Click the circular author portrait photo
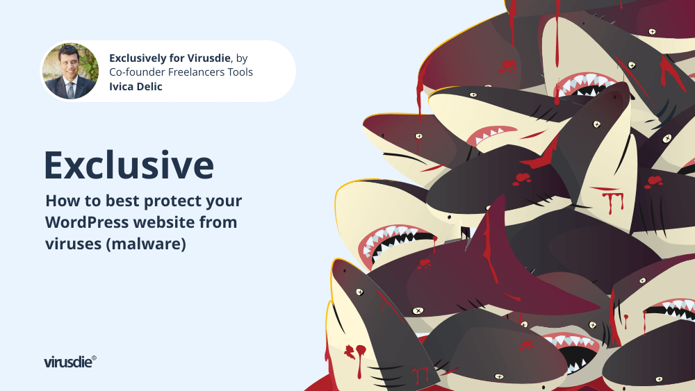pos(70,71)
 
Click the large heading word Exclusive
pos(129,165)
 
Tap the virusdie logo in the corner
pos(70,362)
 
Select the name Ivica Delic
pos(136,86)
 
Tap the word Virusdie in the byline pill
pos(208,58)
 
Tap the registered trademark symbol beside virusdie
pos(94,358)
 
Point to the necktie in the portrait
pos(70,89)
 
